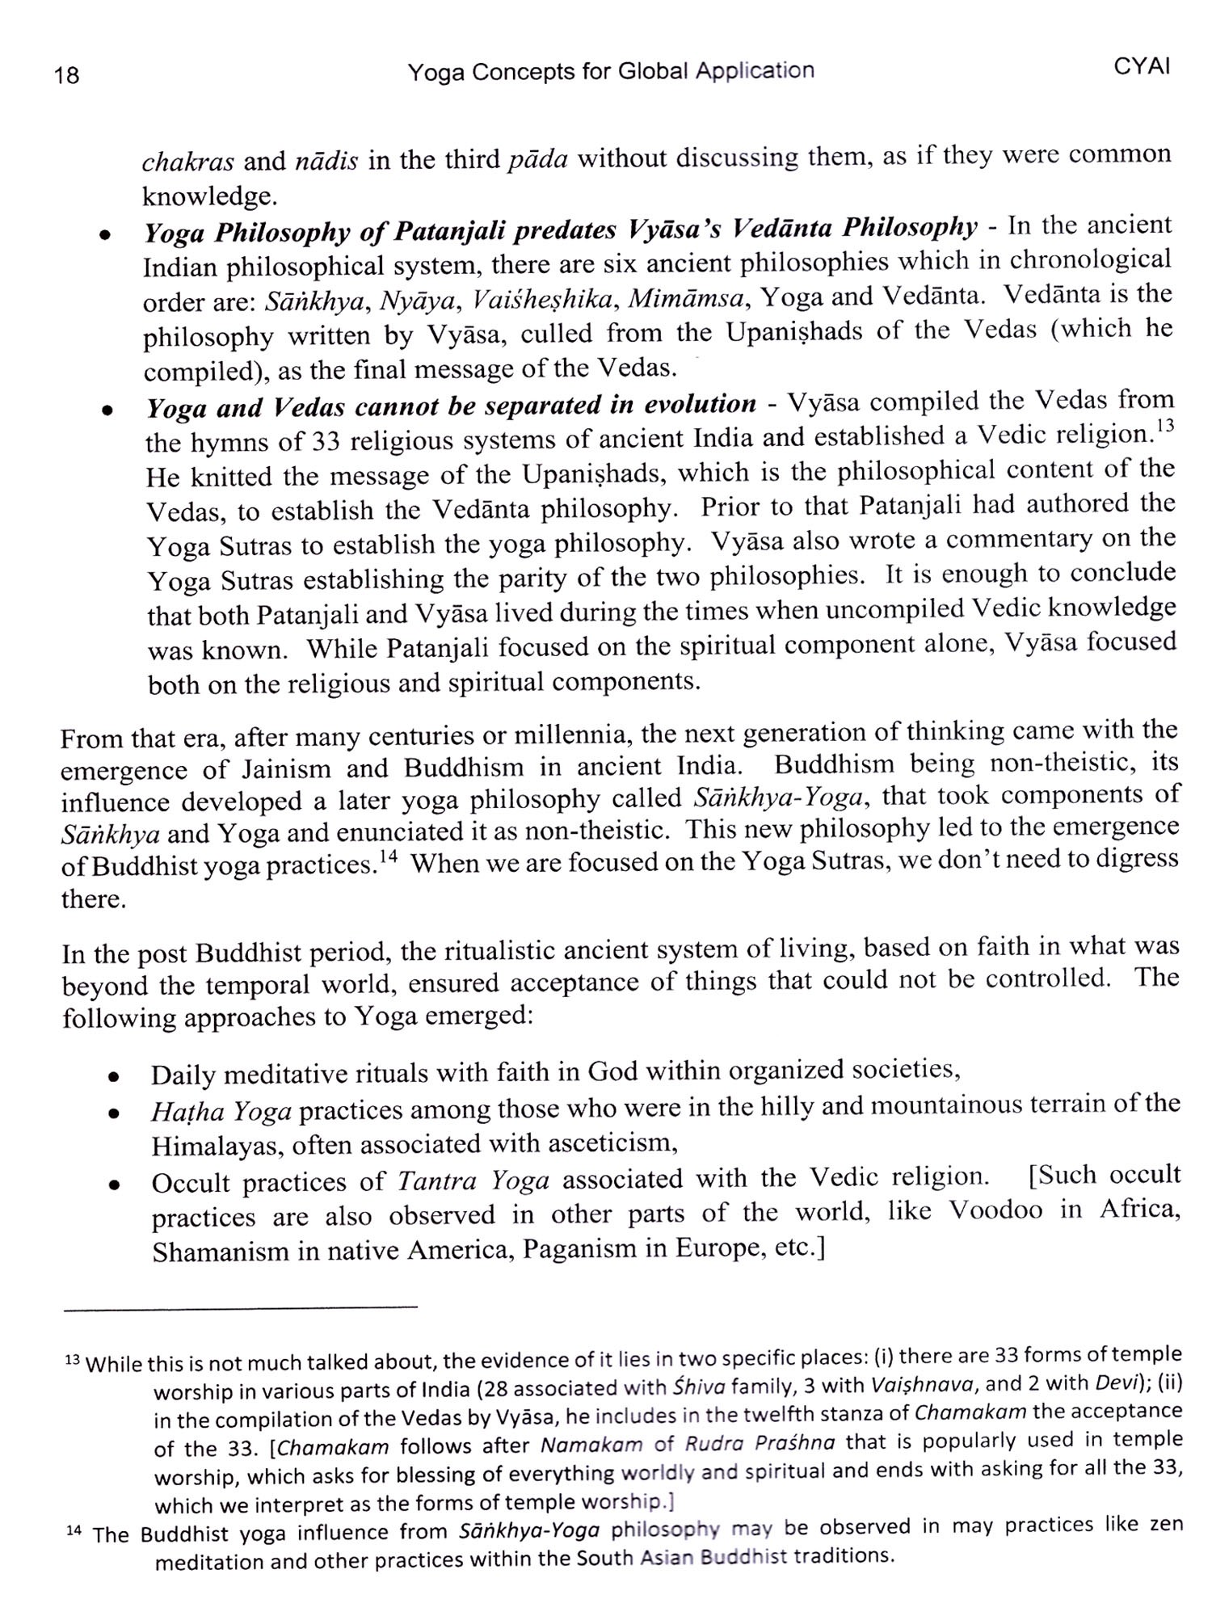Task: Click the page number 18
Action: click(x=67, y=75)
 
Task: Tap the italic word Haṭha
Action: click(x=183, y=1113)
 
